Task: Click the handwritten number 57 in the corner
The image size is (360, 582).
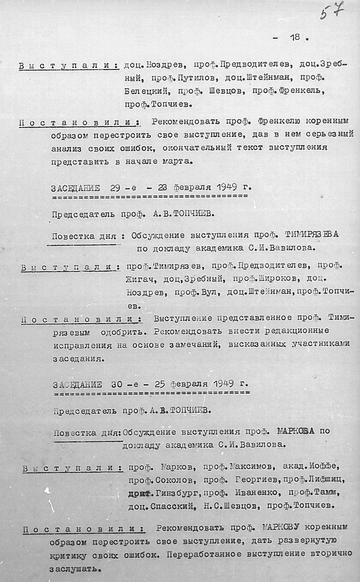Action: point(332,11)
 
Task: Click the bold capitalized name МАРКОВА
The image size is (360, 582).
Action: point(296,431)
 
